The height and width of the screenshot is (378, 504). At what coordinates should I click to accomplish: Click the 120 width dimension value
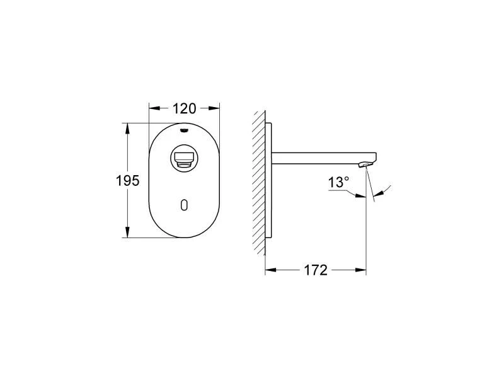tap(184, 108)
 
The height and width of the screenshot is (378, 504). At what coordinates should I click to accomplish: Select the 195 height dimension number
tap(127, 181)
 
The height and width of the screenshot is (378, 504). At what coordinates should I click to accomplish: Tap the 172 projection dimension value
tap(316, 270)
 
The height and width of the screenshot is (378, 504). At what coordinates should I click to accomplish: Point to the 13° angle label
tap(338, 183)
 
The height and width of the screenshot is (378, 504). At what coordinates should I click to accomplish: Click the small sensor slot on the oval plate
tap(184, 205)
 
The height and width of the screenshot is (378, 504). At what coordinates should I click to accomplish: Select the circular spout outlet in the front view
tap(184, 157)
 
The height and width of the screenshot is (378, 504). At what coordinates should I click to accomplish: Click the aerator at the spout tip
tap(362, 165)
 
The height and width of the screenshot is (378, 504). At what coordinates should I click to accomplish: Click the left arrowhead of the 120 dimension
tap(153, 108)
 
